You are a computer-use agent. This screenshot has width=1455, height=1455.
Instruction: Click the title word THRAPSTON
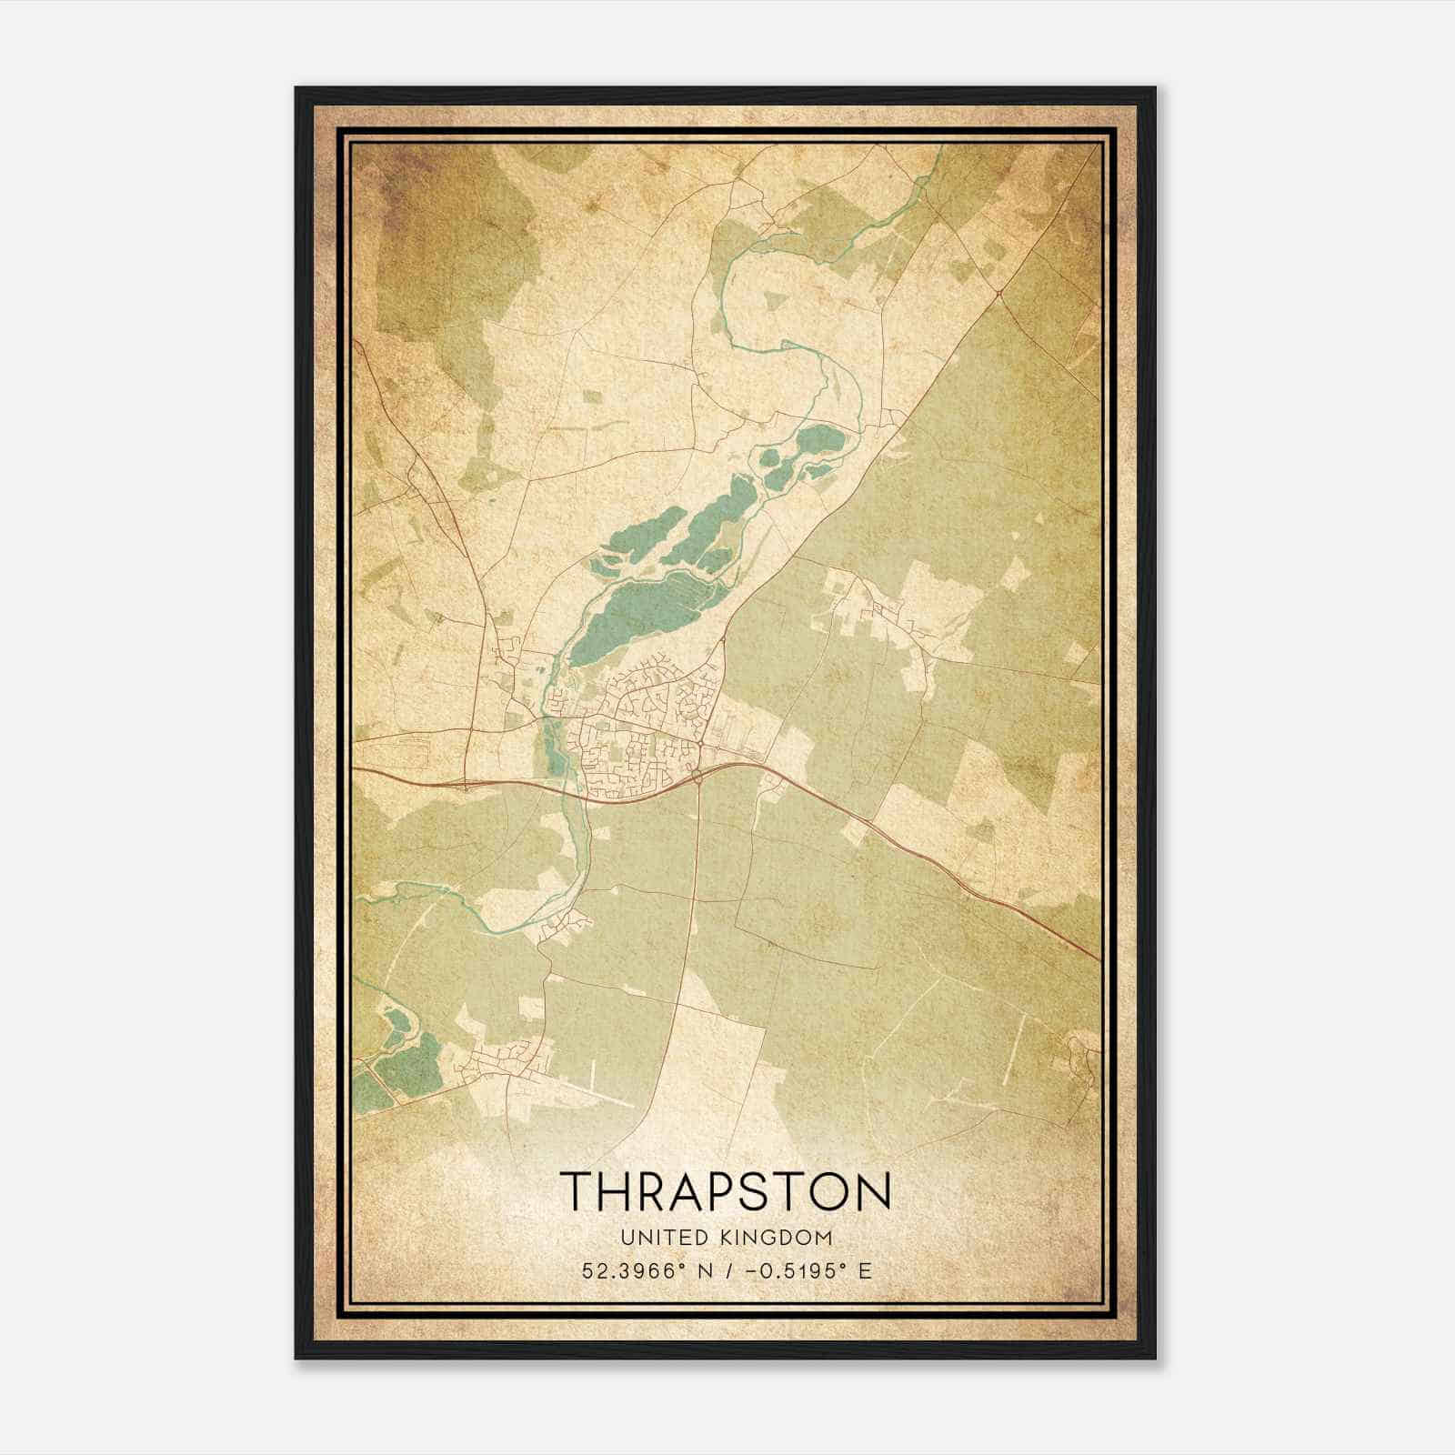tap(726, 1189)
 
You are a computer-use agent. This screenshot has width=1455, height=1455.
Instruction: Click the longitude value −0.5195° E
tap(808, 1270)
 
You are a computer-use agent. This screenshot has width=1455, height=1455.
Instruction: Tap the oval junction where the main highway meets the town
tap(697, 776)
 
